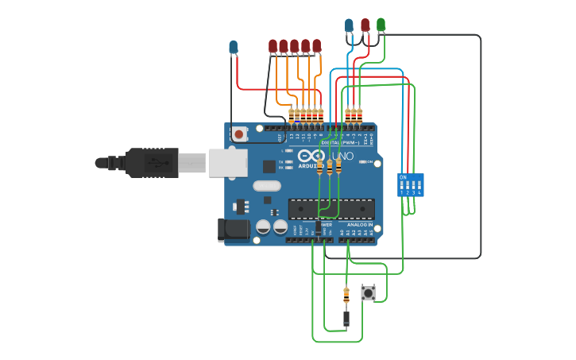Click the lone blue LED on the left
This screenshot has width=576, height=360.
click(233, 47)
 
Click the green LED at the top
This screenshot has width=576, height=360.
click(381, 25)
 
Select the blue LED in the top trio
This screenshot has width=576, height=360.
click(349, 25)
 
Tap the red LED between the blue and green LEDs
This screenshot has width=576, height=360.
click(365, 25)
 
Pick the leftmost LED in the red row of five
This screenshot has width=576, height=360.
click(273, 46)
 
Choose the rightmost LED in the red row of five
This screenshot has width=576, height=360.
click(317, 46)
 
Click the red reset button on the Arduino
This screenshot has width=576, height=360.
click(239, 134)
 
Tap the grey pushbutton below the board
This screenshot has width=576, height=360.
click(368, 293)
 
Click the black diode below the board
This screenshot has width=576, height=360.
click(346, 319)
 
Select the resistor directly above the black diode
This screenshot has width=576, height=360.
click(346, 296)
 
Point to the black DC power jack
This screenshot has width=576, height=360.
click(230, 230)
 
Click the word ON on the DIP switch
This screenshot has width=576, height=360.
click(403, 176)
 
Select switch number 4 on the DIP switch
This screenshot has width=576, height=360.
click(419, 187)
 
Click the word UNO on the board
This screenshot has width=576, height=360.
click(343, 156)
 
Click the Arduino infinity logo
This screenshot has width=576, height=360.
click(311, 156)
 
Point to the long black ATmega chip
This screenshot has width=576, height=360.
click(331, 208)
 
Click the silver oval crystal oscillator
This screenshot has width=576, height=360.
click(267, 186)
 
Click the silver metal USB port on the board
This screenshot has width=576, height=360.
click(228, 162)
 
